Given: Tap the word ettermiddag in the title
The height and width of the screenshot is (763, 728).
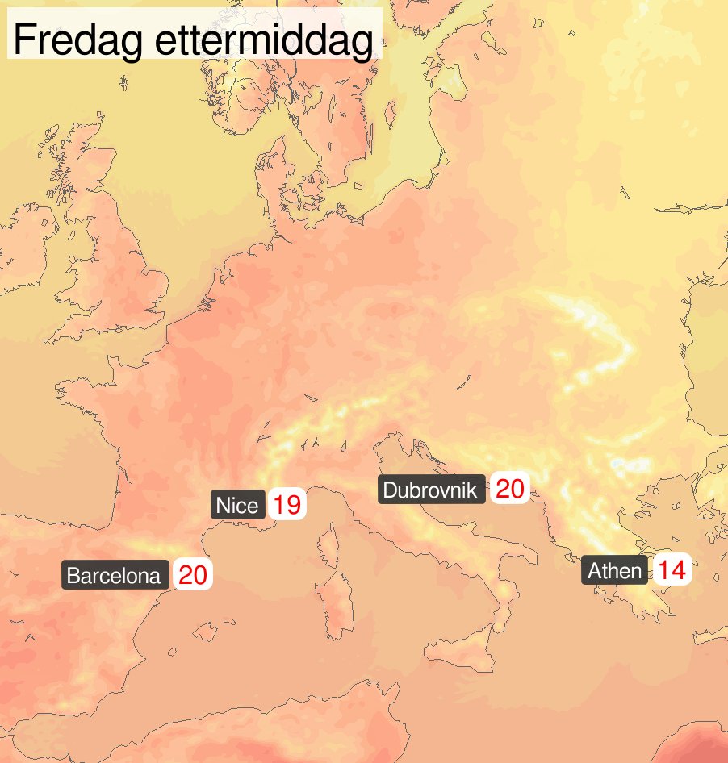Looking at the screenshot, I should [x=264, y=40].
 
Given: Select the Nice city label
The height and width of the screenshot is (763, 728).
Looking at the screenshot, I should [x=237, y=506].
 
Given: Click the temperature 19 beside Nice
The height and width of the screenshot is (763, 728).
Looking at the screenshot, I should [x=287, y=506].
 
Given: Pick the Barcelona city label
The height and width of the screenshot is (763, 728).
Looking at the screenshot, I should [x=114, y=576].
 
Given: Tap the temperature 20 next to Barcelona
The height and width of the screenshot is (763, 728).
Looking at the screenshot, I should [x=193, y=576].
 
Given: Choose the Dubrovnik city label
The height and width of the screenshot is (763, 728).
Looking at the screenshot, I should [x=432, y=490].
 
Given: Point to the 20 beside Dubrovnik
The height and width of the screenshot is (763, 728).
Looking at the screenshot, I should [x=510, y=489].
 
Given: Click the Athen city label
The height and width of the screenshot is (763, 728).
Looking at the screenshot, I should [x=614, y=572].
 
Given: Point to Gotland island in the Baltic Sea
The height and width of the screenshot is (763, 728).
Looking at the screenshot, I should [x=390, y=114].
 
